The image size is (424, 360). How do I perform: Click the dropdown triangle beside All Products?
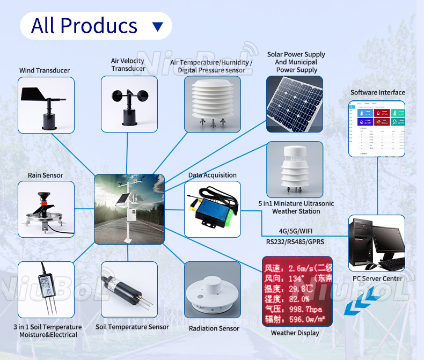click(x=157, y=26)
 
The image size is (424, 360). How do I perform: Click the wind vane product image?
click(x=46, y=105)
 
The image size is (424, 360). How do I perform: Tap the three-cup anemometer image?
click(x=129, y=104)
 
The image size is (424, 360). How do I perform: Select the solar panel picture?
click(x=295, y=104)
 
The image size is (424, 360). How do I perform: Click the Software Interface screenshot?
click(x=377, y=128)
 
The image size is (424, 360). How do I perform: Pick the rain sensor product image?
click(x=46, y=209)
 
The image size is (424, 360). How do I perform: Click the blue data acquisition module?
click(x=212, y=209)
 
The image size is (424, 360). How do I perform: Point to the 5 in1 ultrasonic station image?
click(x=295, y=170)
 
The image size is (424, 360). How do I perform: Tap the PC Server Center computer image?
click(x=377, y=243)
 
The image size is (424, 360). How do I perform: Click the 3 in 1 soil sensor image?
click(x=46, y=290)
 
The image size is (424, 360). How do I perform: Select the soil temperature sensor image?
click(x=129, y=290)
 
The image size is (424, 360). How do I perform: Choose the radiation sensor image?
click(x=212, y=290)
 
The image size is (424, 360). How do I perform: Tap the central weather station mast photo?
click(x=129, y=209)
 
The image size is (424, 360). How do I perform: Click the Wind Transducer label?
click(x=45, y=70)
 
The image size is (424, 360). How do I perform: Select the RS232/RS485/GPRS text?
click(x=295, y=241)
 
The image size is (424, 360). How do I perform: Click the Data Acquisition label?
click(x=212, y=175)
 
